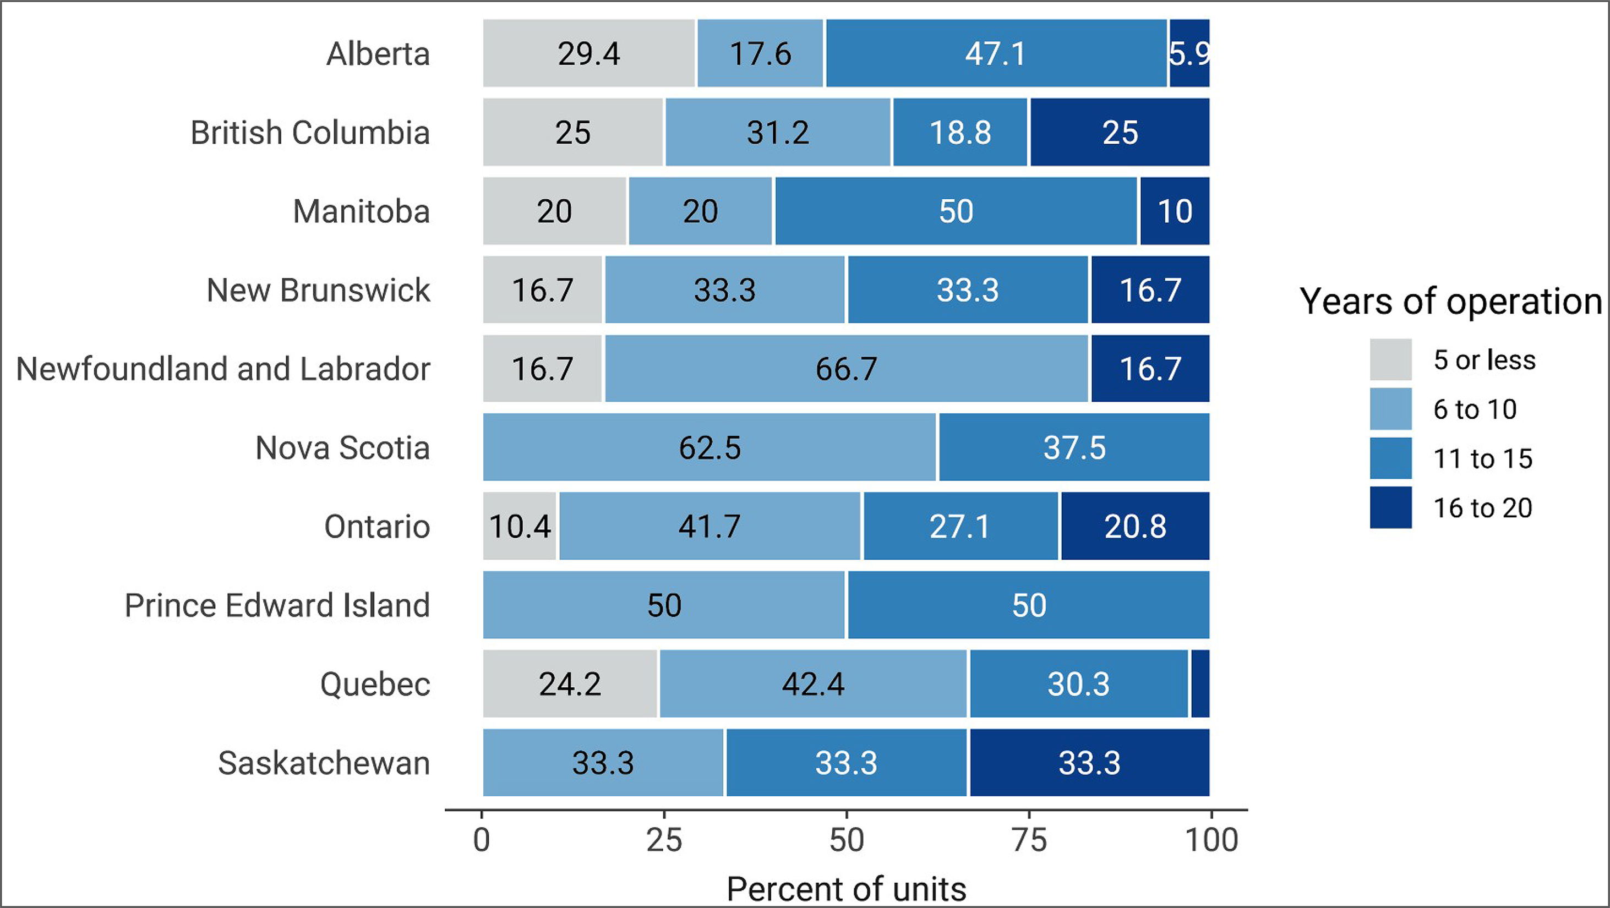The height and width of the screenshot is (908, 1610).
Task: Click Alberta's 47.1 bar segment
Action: pos(996,53)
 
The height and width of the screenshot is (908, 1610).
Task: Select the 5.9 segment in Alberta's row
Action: pos(1189,53)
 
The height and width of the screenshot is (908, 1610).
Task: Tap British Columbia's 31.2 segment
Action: pos(778,132)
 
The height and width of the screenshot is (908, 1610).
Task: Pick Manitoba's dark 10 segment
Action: pos(1175,211)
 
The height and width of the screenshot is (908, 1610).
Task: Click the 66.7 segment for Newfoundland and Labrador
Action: pos(846,368)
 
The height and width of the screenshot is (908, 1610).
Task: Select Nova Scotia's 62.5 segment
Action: pos(710,447)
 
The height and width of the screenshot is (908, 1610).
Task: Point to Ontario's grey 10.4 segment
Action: pos(520,526)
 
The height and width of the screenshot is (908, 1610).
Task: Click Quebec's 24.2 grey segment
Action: pos(570,683)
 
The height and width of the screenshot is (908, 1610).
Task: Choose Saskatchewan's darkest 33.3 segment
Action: pos(1089,762)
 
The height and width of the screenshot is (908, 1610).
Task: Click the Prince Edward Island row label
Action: pos(277,605)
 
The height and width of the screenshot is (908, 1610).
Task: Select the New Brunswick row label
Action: pos(318,290)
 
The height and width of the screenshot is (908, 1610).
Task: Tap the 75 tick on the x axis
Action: pos(1029,839)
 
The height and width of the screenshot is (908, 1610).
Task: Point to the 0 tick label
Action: pos(481,839)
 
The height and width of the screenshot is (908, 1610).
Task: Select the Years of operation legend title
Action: pos(1450,301)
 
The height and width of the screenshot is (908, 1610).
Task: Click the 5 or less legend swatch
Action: pos(1390,359)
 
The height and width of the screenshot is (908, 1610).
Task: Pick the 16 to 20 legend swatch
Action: pos(1390,507)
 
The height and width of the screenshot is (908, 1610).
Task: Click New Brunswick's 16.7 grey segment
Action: pos(542,290)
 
